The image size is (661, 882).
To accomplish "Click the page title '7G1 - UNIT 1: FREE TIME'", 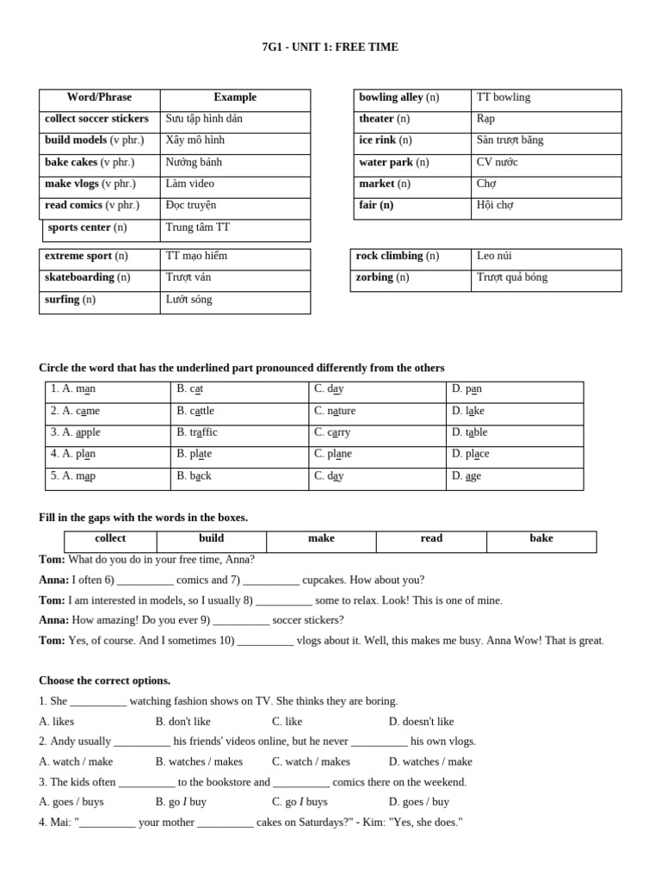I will click(330, 47).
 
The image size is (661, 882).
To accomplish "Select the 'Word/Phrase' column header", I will click(99, 97).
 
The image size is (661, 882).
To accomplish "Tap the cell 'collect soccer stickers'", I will click(96, 119).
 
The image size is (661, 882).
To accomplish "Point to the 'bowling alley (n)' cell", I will click(398, 97).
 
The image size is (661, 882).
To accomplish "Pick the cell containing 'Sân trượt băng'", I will click(510, 140).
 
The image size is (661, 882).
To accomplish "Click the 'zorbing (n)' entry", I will click(382, 277).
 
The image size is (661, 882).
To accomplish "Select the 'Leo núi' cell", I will click(495, 256).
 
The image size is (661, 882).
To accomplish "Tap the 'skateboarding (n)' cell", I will click(87, 277).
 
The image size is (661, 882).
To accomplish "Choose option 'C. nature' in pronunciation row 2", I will click(335, 411).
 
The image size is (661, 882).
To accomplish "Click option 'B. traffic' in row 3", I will click(197, 432).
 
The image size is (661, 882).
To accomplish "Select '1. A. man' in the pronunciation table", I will click(73, 389).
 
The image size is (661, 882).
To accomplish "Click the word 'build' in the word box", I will click(211, 538).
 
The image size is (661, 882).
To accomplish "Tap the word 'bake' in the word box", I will click(541, 538).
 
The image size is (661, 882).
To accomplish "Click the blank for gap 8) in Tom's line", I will click(284, 601).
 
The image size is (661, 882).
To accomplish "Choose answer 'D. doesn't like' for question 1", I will click(421, 722).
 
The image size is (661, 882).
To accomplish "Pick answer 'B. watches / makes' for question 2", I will click(199, 761).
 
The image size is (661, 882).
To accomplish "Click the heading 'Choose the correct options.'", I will click(104, 680).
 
